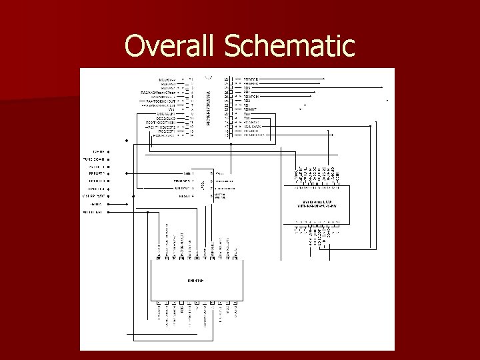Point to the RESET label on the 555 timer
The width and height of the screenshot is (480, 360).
pos(185,196)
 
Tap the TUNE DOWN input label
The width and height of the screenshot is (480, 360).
pos(96,160)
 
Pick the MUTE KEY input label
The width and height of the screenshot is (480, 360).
pos(94,213)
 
